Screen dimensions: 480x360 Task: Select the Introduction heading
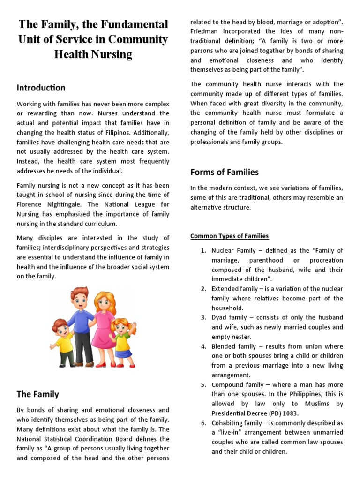(41, 88)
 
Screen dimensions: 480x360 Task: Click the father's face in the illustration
(80, 300)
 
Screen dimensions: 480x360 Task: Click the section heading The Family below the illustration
(38, 394)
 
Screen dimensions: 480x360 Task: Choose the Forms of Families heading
(224, 172)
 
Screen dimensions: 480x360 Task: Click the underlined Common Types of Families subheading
(229, 236)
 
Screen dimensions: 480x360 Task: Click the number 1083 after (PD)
(290, 413)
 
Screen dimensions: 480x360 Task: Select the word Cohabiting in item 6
(228, 423)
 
